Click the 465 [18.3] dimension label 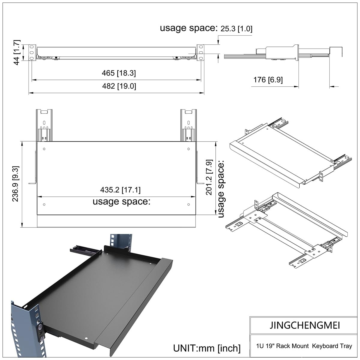pyautogui.click(x=119, y=73)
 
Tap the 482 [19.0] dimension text pyautogui.click(x=119, y=86)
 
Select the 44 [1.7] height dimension pyautogui.click(x=16, y=52)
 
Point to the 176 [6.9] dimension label pyautogui.click(x=268, y=80)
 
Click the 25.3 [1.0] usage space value pyautogui.click(x=236, y=29)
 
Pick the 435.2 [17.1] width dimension pyautogui.click(x=120, y=190)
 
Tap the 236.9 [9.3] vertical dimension pyautogui.click(x=15, y=184)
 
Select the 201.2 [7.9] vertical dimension pyautogui.click(x=209, y=177)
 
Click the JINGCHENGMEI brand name pyautogui.click(x=305, y=325)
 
